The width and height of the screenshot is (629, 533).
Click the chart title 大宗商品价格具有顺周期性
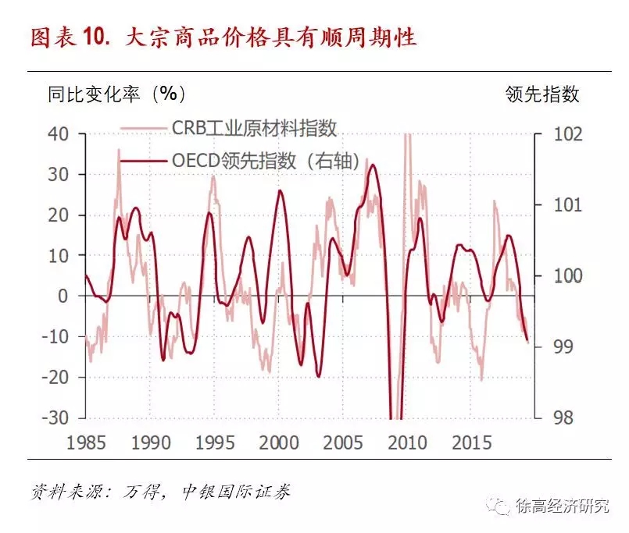tap(270, 37)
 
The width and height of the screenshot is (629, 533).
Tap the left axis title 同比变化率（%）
tap(117, 94)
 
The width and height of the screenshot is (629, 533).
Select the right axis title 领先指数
tap(542, 94)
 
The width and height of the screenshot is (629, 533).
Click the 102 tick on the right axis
tap(559, 134)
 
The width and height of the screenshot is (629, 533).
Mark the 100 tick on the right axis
tap(559, 275)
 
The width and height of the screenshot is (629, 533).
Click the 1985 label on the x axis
tap(86, 442)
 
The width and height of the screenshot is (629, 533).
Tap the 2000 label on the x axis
tap(279, 442)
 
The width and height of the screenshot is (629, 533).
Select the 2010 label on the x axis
tap(407, 442)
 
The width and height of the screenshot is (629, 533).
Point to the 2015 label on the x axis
tap(472, 442)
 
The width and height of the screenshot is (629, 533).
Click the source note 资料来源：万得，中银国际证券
tap(161, 494)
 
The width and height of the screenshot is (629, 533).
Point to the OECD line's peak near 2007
tap(373, 165)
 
